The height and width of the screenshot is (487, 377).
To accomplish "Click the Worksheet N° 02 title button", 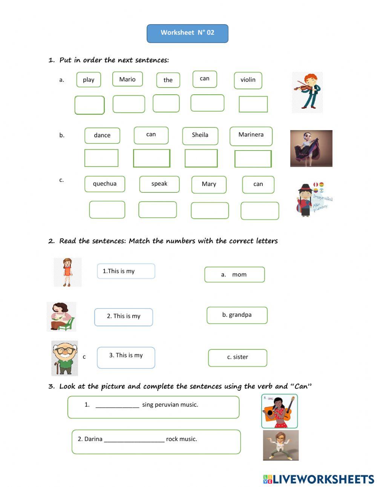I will click(x=187, y=33).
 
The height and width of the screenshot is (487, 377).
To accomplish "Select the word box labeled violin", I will click(x=248, y=80).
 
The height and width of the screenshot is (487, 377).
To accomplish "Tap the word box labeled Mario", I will click(x=127, y=79).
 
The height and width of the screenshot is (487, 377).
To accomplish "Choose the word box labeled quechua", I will click(x=104, y=184).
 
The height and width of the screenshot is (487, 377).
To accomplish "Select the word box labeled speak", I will click(x=159, y=184).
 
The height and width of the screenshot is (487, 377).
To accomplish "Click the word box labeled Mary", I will click(x=209, y=184).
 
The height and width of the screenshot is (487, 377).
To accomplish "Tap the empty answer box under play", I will click(x=89, y=105).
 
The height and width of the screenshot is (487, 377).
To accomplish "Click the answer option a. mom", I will click(x=234, y=275).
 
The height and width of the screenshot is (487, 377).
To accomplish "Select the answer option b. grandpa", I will click(x=237, y=315).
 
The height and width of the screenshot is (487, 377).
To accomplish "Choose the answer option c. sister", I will click(x=238, y=358).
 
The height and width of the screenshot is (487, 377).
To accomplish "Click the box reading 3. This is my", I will click(x=126, y=357).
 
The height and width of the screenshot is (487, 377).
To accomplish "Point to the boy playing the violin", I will click(x=307, y=92).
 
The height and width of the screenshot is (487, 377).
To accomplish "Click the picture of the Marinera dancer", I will click(x=311, y=148).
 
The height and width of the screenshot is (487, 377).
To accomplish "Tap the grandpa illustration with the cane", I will click(x=64, y=358).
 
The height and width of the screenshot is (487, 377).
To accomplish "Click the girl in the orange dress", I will click(x=67, y=272).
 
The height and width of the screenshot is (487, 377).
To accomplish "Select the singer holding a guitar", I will click(x=279, y=411).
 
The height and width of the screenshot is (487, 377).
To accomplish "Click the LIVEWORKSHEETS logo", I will click(x=318, y=479).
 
